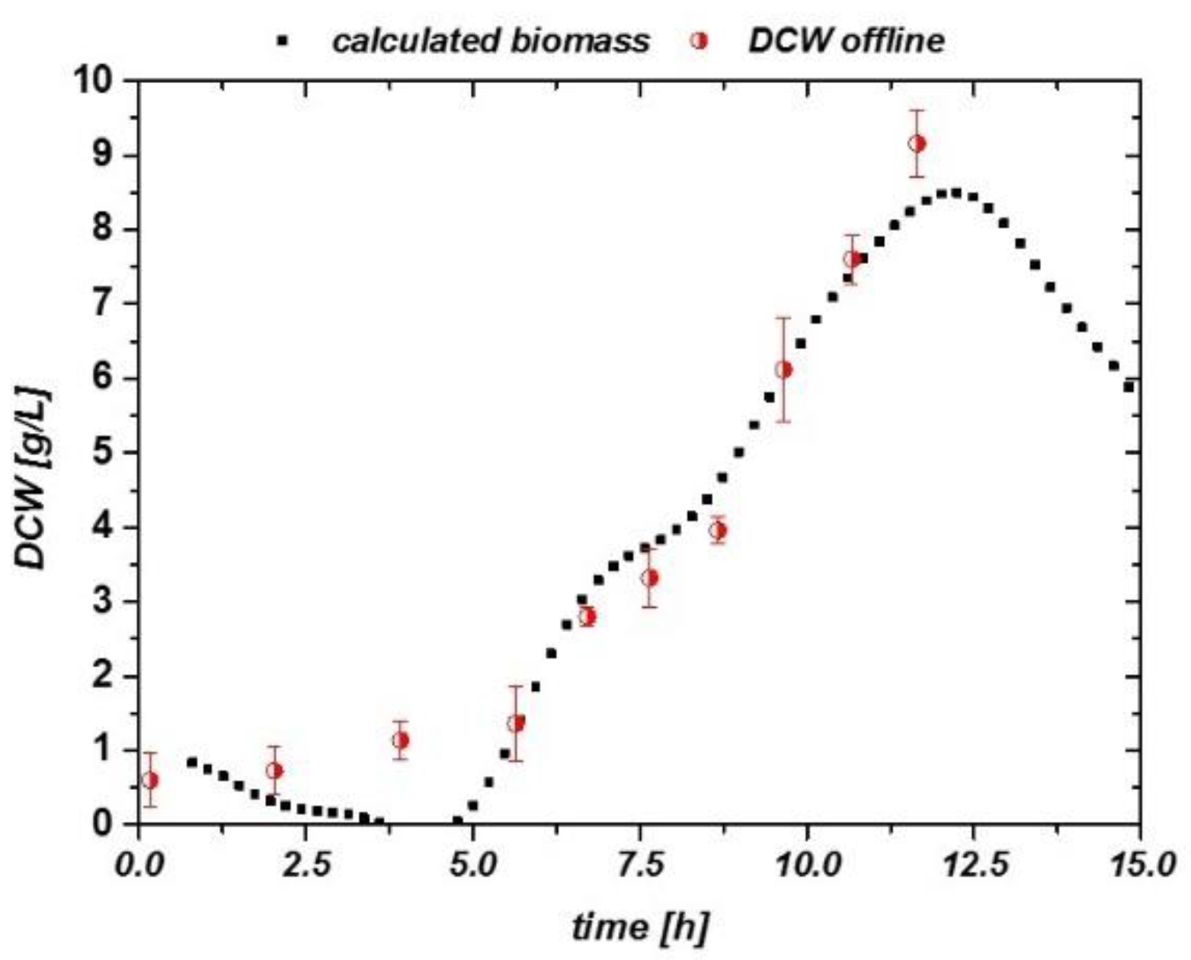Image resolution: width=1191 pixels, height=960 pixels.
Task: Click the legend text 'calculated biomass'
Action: click(491, 40)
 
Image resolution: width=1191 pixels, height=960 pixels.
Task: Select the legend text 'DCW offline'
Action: click(846, 40)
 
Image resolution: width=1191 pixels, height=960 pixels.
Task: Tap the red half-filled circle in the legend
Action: click(698, 41)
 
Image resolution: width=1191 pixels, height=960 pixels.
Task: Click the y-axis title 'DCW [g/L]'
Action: click(32, 479)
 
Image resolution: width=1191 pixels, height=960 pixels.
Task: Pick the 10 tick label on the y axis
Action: click(97, 81)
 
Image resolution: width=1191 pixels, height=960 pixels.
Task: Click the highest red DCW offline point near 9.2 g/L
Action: click(917, 143)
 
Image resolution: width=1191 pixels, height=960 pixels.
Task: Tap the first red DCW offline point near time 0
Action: click(150, 780)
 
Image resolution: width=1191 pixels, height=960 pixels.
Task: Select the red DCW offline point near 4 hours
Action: click(400, 740)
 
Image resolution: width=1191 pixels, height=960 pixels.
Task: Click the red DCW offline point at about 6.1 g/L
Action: click(783, 370)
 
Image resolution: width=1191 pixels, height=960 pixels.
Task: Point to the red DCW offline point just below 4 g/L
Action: click(717, 531)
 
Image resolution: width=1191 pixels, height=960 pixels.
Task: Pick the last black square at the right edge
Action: click(1129, 387)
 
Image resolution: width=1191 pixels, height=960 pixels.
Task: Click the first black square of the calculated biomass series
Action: click(192, 762)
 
